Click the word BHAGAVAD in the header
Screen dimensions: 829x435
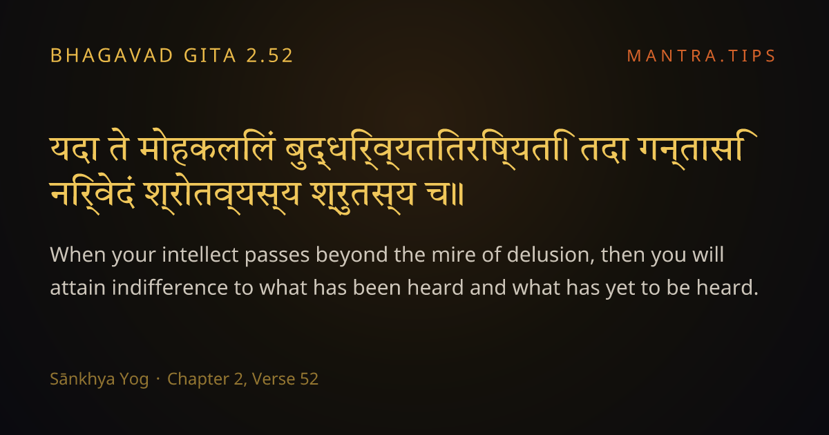point(111,56)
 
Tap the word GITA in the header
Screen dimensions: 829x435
point(210,56)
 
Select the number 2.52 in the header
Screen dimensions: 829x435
point(270,56)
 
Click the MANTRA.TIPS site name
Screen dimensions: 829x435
point(701,56)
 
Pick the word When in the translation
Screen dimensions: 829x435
point(78,255)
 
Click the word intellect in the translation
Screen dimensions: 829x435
point(200,255)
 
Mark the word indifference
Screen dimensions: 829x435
point(169,287)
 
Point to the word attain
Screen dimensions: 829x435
point(77,288)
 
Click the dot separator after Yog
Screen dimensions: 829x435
point(158,379)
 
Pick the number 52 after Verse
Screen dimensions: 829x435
point(309,379)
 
